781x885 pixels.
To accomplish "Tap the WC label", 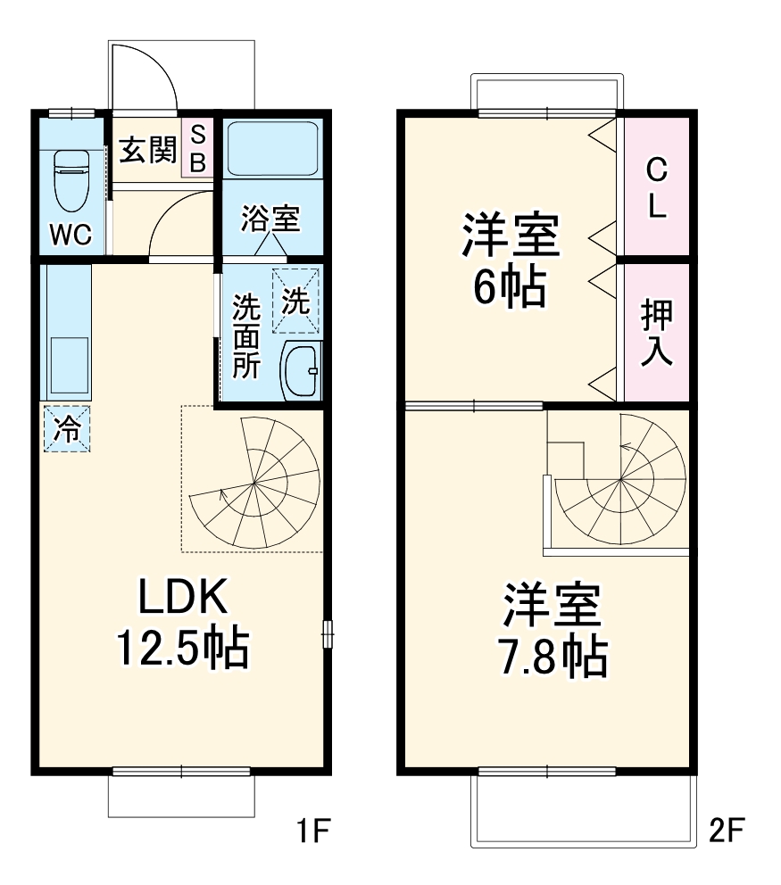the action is (x=71, y=235).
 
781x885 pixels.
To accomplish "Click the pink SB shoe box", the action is (x=197, y=148).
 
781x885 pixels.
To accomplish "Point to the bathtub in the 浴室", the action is (x=272, y=148).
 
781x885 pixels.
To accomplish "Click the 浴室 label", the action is (x=270, y=219).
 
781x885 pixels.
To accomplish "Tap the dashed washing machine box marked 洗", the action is (x=296, y=301).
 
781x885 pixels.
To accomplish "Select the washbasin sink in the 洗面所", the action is (x=302, y=370).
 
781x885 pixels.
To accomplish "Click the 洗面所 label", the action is (x=246, y=335).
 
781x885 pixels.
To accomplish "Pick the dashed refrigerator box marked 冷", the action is (x=67, y=429).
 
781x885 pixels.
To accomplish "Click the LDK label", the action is (x=184, y=596).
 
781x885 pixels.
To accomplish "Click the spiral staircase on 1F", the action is (x=254, y=483).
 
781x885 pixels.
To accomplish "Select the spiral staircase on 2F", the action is (x=620, y=479).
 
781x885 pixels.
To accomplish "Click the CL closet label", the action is (x=656, y=188).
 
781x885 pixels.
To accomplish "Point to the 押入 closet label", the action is (x=656, y=333).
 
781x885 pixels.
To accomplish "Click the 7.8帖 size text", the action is (x=553, y=658).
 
